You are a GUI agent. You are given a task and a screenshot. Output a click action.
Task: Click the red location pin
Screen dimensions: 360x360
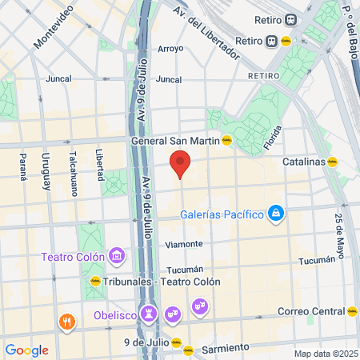pyautogui.click(x=181, y=162)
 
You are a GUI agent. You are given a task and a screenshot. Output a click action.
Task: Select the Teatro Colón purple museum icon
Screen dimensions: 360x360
pyautogui.click(x=117, y=256)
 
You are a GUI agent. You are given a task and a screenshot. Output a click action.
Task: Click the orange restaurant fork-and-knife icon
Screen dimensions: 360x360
pyautogui.click(x=66, y=322)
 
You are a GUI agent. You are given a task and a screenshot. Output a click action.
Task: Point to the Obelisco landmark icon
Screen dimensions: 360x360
pyautogui.click(x=148, y=312)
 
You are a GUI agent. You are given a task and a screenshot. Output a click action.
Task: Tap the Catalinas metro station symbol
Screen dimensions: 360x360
pyautogui.click(x=332, y=161)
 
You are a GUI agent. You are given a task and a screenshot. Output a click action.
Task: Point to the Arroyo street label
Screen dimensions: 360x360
pyautogui.click(x=170, y=49)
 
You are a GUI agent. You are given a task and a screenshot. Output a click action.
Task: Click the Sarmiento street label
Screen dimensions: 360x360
pyautogui.click(x=225, y=349)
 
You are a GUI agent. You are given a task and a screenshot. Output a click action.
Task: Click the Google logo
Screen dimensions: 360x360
pyautogui.click(x=26, y=350)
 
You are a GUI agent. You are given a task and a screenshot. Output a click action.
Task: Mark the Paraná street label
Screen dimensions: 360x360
pyautogui.click(x=22, y=167)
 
